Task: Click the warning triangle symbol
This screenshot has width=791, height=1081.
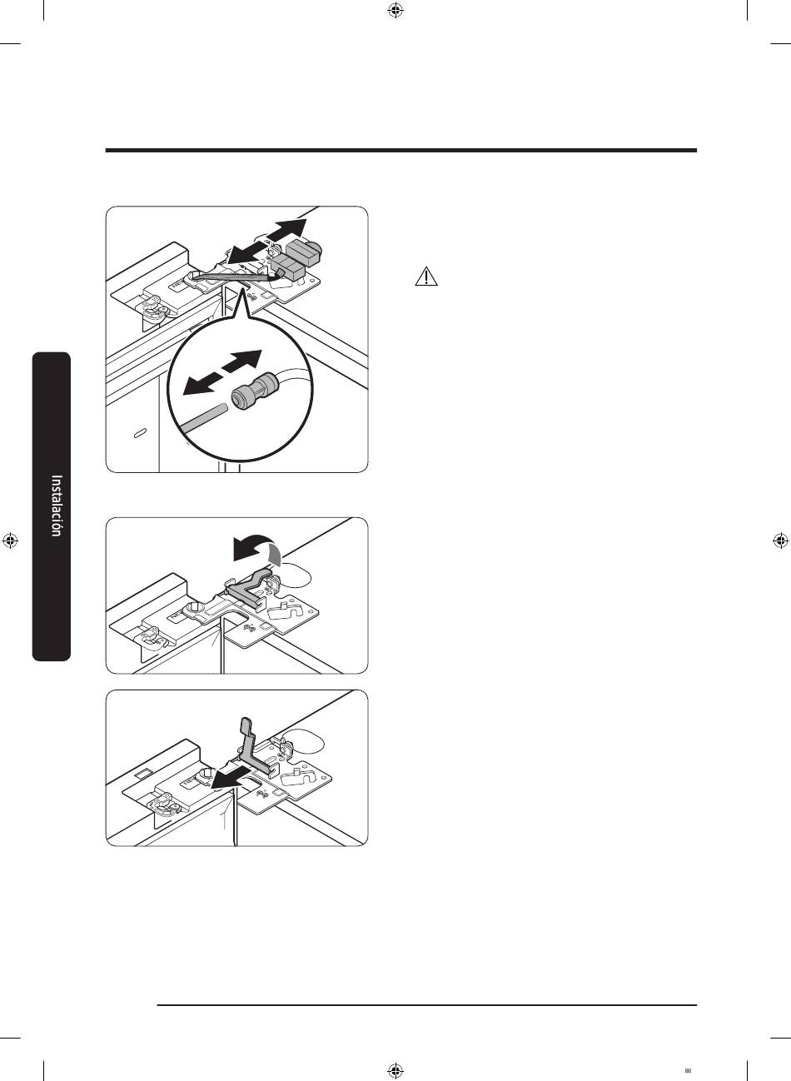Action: pos(426,277)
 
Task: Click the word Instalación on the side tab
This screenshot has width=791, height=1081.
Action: pos(57,506)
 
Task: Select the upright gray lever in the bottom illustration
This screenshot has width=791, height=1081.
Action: pos(251,747)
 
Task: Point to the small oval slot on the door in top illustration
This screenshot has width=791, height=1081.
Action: pos(140,433)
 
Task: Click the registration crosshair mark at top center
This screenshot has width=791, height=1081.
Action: pos(395,10)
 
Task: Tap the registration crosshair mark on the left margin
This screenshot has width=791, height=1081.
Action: pos(10,540)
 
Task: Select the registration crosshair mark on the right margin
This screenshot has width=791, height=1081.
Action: pos(780,540)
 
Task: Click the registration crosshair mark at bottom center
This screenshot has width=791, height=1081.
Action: pos(395,1071)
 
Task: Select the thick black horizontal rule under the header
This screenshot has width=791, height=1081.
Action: pos(401,151)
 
